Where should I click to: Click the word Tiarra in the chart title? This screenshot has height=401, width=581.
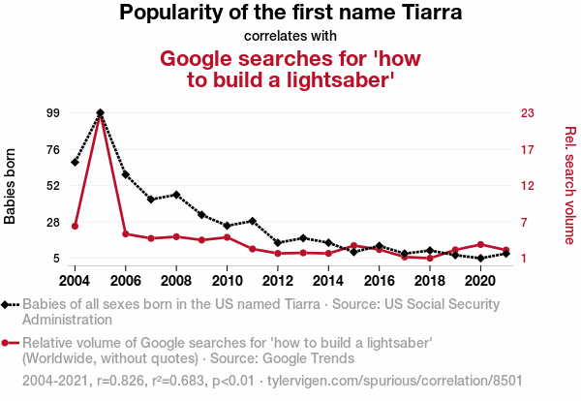coord(428,14)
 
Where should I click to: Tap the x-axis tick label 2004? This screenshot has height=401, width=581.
coord(75,280)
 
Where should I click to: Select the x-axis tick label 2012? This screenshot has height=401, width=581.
coord(277,280)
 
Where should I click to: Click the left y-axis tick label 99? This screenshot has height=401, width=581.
coord(53,112)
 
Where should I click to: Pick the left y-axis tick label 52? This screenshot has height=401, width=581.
coord(53,185)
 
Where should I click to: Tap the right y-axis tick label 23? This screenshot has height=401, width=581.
coord(528,112)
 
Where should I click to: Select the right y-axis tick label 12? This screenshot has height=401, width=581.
coord(528,185)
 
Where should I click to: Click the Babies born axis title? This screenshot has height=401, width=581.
coord(11,186)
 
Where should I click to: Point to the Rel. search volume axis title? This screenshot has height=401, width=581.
coord(569,185)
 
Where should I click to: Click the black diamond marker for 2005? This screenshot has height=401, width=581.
coord(101,113)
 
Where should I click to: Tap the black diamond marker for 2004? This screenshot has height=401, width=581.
coord(75,162)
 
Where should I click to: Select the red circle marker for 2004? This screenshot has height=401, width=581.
coord(75,226)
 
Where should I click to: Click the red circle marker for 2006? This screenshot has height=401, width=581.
coord(126,233)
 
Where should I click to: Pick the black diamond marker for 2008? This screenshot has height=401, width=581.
coord(176,195)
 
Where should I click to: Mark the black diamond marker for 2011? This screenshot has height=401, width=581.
coord(252,221)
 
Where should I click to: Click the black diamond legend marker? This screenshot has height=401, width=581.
coord(9,304)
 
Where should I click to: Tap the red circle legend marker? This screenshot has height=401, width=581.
coord(9,343)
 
